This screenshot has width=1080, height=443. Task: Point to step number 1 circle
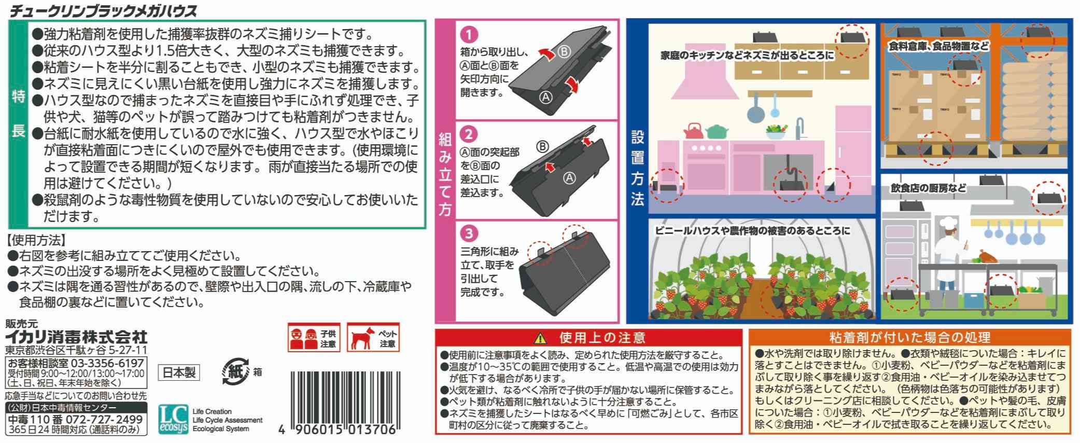pyautogui.click(x=469, y=35)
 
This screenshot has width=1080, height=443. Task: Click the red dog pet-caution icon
pyautogui.click(x=373, y=338)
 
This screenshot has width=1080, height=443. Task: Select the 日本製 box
pyautogui.click(x=179, y=372)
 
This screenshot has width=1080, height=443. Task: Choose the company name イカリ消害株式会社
pyautogui.click(x=76, y=337)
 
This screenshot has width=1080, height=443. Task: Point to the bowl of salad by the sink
pyautogui.click(x=775, y=133)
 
